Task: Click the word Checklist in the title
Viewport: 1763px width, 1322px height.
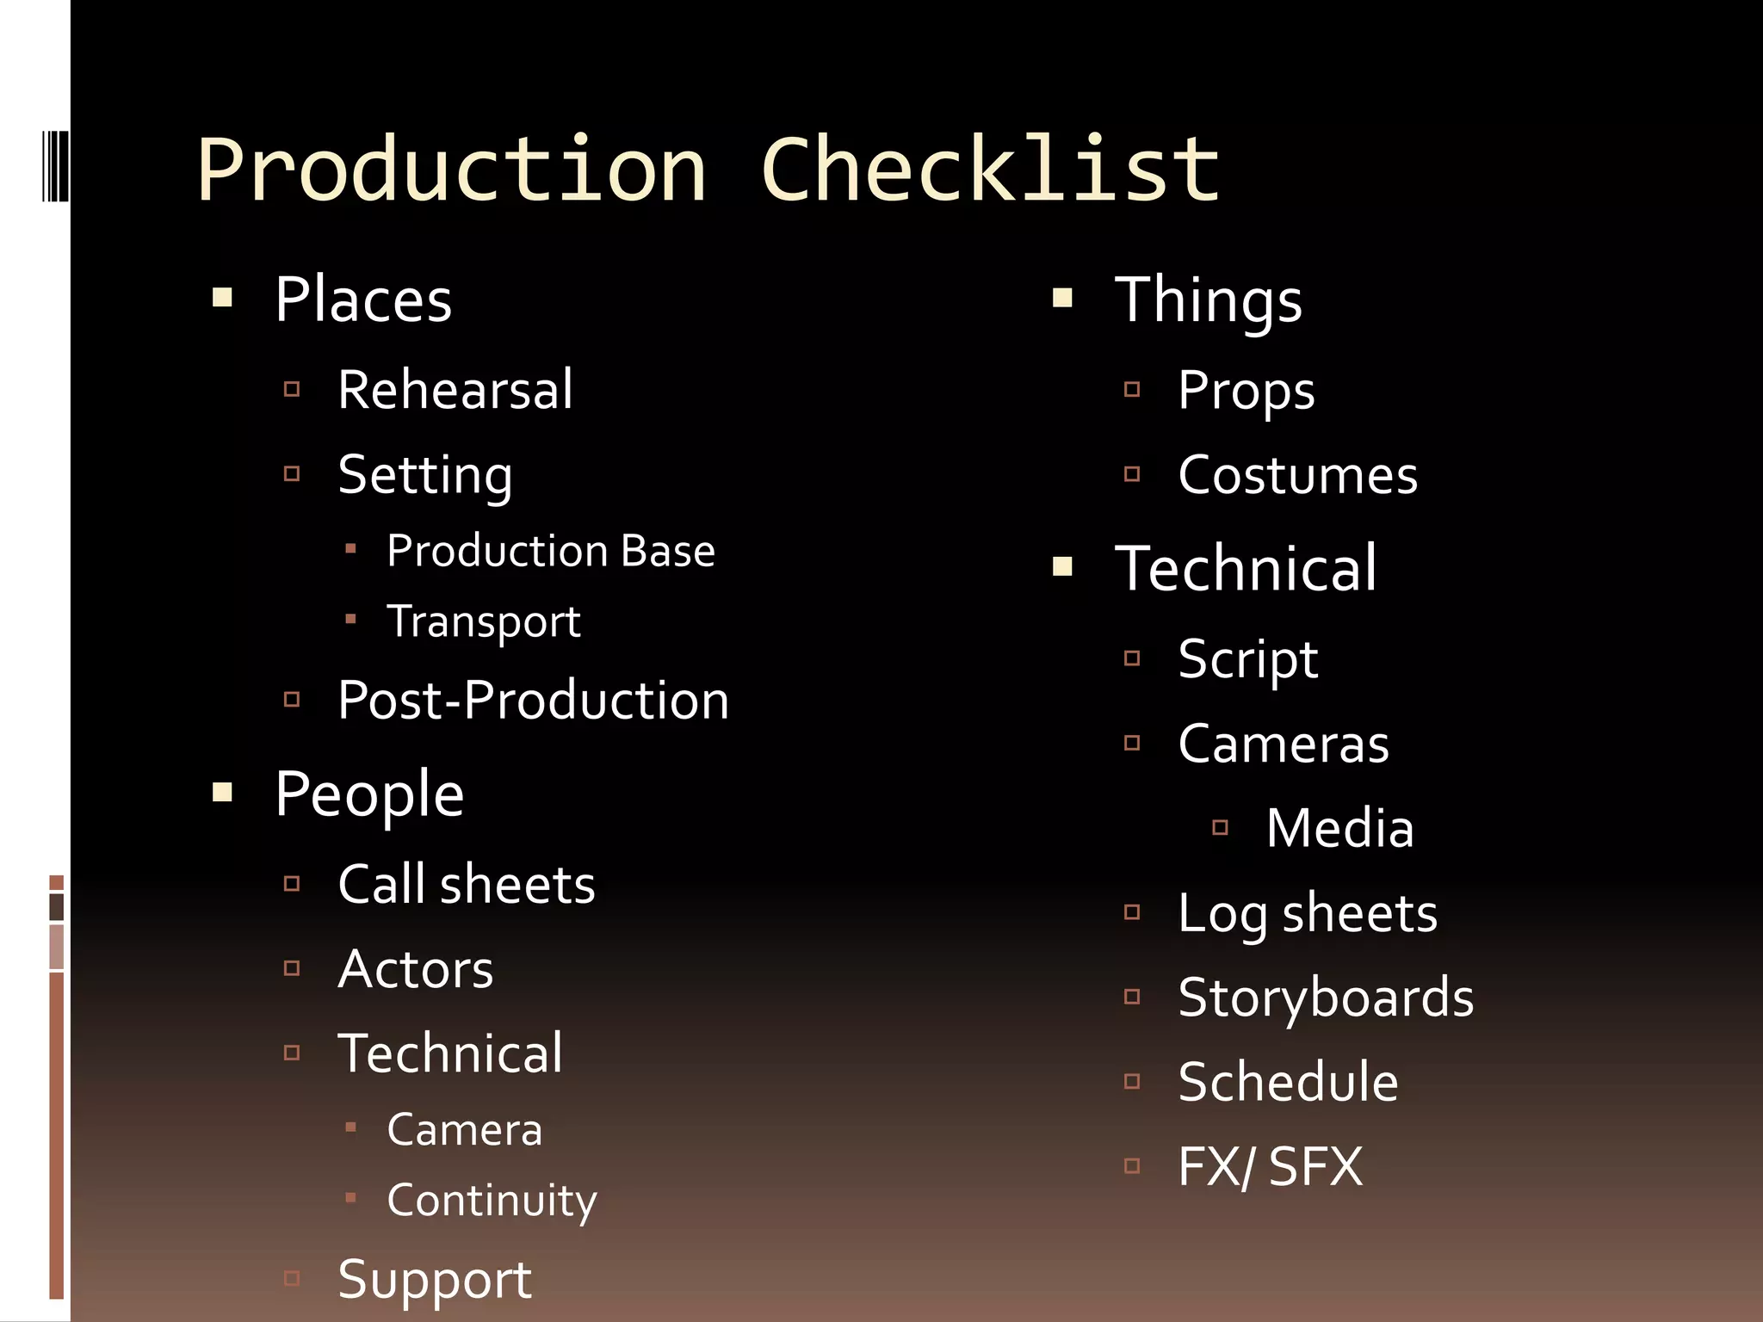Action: tap(990, 170)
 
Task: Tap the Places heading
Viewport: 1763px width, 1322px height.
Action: tap(363, 300)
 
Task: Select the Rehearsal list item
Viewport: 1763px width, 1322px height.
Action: tap(455, 390)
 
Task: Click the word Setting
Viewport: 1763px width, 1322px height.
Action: tap(425, 475)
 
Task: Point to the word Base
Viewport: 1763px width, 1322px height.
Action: tap(668, 552)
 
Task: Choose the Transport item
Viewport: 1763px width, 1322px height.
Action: tap(484, 621)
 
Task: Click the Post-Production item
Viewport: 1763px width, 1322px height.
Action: tap(533, 700)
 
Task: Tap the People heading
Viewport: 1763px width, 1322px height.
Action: tap(369, 794)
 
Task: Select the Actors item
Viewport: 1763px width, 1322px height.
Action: tap(416, 969)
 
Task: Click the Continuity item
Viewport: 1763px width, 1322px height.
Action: tap(492, 1200)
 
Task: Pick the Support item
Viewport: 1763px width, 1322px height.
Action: tap(435, 1280)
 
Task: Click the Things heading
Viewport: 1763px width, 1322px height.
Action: tap(1209, 300)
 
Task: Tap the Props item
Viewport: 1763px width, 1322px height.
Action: tap(1246, 390)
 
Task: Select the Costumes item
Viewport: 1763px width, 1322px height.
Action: tap(1297, 475)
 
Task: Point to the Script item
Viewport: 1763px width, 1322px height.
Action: tap(1247, 660)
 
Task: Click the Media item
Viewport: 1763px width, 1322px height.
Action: tap(1339, 828)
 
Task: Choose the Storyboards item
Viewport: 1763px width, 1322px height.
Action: tap(1326, 998)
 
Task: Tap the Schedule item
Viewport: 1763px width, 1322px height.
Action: tap(1288, 1082)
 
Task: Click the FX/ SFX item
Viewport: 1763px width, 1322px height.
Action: tap(1270, 1166)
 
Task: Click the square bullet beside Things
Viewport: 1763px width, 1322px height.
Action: tap(1063, 298)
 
